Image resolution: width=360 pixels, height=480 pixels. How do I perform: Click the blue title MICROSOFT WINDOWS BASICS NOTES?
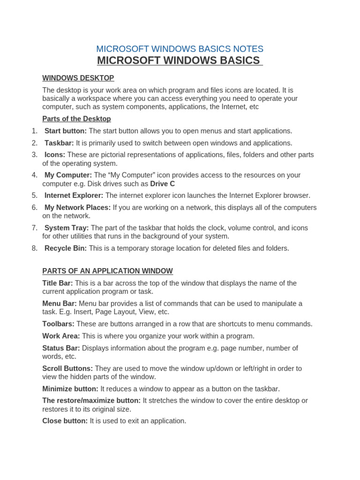180,49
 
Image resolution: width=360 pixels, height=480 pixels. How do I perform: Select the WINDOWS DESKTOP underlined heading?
78,78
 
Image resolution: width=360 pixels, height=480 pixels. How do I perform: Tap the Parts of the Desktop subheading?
76,119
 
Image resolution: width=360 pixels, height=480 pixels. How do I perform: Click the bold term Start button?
66,131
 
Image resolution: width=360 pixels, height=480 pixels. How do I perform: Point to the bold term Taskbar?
59,143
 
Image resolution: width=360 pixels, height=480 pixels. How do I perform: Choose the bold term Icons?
55,155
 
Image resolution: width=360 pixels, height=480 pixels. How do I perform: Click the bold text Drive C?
162,184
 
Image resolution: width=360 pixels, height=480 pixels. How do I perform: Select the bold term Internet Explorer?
74,195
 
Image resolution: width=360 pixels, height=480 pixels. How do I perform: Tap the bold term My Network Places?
78,208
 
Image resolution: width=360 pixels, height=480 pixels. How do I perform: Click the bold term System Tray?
67,228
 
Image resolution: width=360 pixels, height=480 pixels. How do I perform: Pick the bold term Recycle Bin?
66,248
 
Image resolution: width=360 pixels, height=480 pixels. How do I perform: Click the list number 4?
35,175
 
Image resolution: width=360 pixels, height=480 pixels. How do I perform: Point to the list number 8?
35,248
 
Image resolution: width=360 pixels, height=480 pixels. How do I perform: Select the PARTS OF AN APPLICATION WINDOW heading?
107,271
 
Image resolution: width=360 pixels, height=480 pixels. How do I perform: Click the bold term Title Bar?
58,283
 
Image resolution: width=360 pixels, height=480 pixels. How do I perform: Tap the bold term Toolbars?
59,324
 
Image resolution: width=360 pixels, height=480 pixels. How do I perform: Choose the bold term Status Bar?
61,348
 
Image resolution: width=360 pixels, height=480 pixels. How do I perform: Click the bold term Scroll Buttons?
67,368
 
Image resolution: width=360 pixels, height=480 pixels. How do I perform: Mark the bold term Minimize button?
70,389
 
